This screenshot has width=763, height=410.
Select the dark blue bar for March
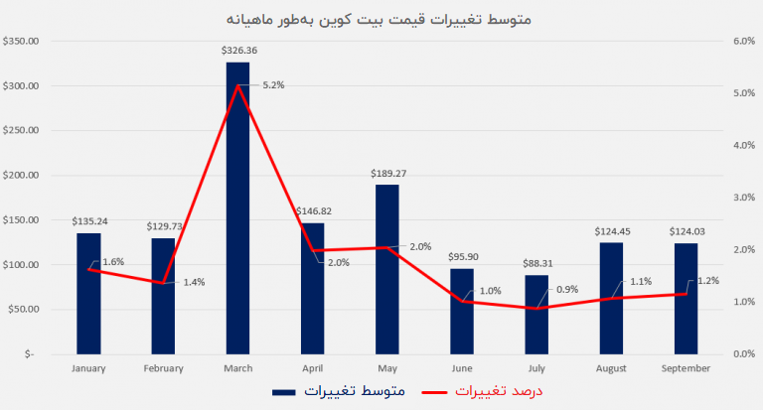pos(237,207)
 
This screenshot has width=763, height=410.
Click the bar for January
pos(88,293)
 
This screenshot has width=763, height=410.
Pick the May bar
pos(386,269)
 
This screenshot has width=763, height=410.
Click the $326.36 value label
pos(238,50)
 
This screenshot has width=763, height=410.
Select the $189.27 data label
pos(386,173)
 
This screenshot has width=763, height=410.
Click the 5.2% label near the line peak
pos(273,85)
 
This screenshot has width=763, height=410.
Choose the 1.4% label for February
pos(194,283)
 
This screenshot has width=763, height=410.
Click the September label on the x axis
pos(685,368)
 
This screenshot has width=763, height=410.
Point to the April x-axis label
pos(312,368)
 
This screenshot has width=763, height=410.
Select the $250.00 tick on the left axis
pos(21,131)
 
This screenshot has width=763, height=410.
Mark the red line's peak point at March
pos(238,86)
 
